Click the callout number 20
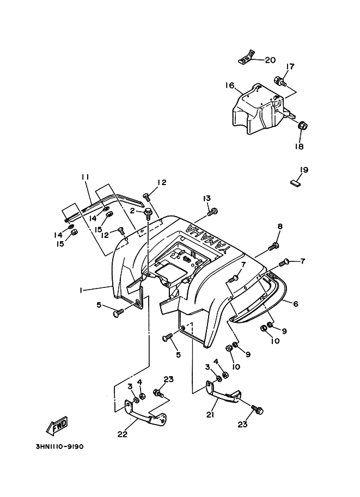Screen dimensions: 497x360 pyautogui.click(x=270, y=60)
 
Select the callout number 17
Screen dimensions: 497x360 pyautogui.click(x=291, y=67)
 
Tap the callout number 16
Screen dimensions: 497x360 pyautogui.click(x=230, y=85)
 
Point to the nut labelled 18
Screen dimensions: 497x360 pyautogui.click(x=303, y=127)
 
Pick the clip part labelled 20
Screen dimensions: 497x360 pyautogui.click(x=247, y=56)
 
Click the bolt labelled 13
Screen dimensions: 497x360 pyautogui.click(x=213, y=211)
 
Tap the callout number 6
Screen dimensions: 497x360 pyautogui.click(x=296, y=304)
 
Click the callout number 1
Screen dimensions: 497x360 pyautogui.click(x=80, y=291)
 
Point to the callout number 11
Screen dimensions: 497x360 pyautogui.click(x=85, y=177)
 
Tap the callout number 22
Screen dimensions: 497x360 pyautogui.click(x=123, y=434)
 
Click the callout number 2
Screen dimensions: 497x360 pyautogui.click(x=131, y=211)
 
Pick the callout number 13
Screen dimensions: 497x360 pyautogui.click(x=208, y=198)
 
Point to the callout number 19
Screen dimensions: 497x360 pyautogui.click(x=304, y=170)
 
